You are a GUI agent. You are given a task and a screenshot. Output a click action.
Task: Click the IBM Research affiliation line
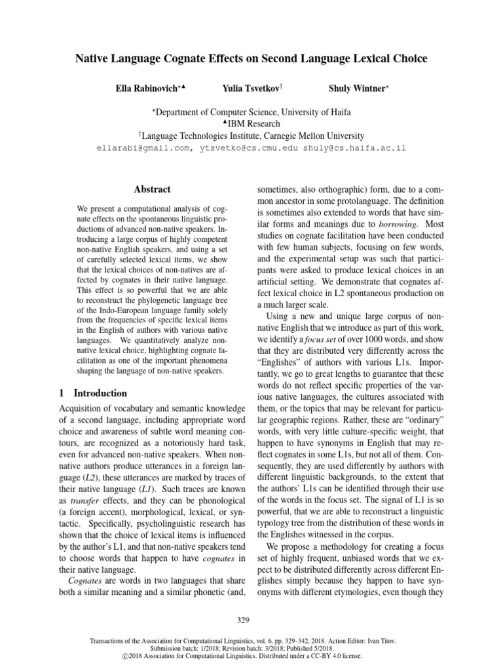[251, 124]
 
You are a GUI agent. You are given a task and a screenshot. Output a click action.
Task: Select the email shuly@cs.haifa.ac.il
[354, 148]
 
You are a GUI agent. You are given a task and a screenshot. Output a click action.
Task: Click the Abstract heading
[152, 189]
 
